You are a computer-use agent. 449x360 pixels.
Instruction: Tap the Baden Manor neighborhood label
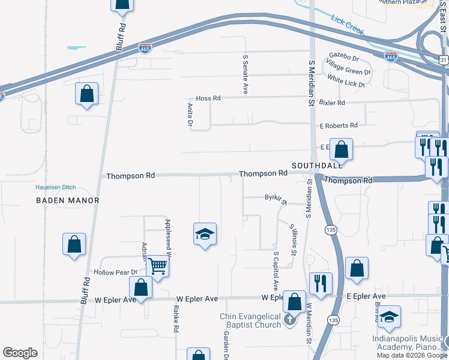point(67,200)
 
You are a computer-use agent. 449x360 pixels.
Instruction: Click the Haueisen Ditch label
point(64,187)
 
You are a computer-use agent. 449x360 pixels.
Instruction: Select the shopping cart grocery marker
point(157,265)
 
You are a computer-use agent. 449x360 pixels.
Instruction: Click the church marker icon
point(290,320)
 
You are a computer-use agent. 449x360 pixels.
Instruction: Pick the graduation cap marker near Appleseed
point(204,234)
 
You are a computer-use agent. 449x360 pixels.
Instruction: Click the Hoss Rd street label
point(208,98)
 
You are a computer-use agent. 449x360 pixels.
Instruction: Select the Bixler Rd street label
point(333,103)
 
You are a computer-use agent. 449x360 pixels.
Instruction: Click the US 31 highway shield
point(442,60)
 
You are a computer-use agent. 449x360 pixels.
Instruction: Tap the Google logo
point(20,353)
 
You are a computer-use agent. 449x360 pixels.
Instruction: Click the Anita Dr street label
point(189,115)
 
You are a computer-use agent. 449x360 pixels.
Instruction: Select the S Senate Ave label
point(245,74)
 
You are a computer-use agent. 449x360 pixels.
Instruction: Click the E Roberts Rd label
point(339,126)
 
